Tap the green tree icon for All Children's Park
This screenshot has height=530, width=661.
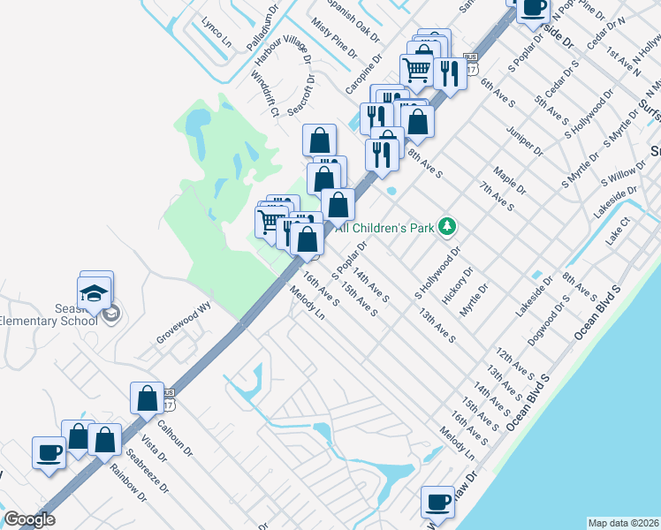(x=447, y=227)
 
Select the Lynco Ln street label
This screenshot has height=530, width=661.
(x=216, y=32)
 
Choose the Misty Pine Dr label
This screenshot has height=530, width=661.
(x=332, y=41)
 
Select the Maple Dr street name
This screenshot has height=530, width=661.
(x=510, y=183)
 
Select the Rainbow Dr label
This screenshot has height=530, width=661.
(x=128, y=483)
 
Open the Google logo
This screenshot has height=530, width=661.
(x=29, y=519)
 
